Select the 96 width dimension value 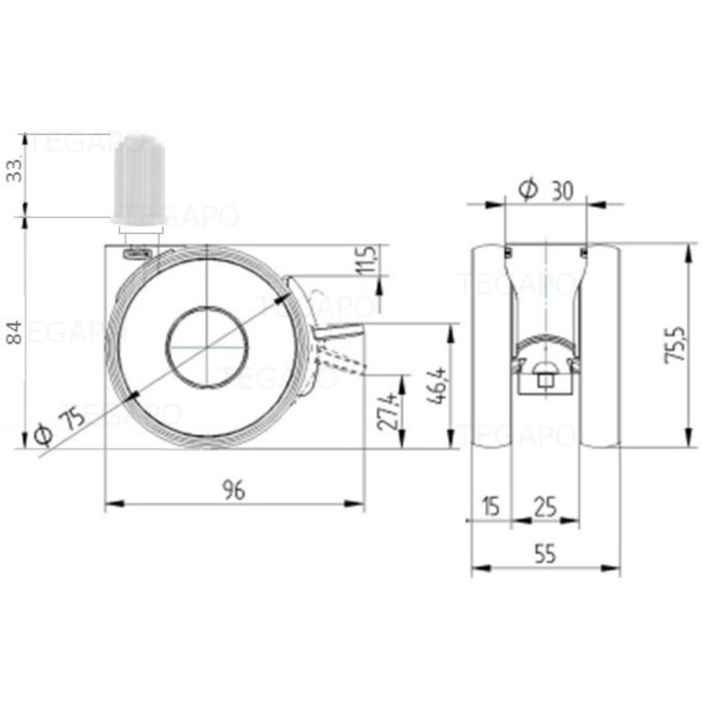[x=233, y=490]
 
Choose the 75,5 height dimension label [x=675, y=343]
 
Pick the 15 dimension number [x=489, y=507]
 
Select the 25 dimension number [x=544, y=507]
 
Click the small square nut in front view [x=545, y=381]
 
